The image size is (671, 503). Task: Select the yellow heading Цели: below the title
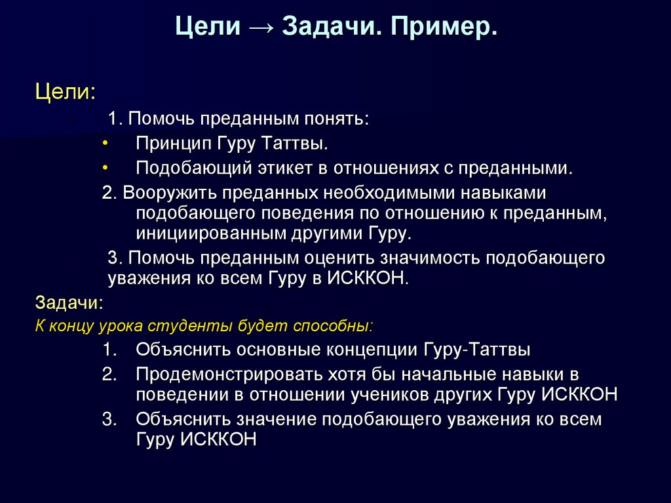click(65, 91)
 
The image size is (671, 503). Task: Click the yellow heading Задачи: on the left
click(68, 303)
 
